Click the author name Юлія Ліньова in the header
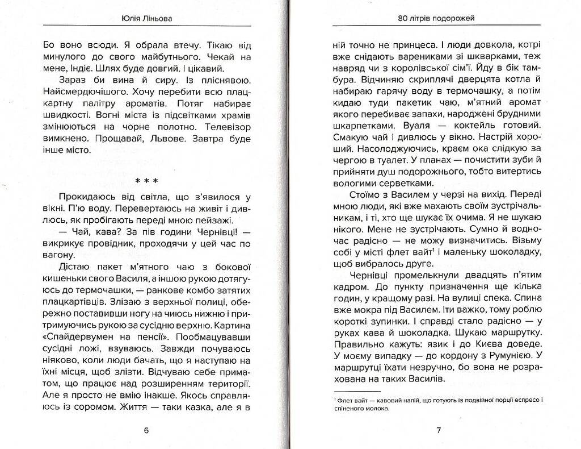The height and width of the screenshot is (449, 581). click(147, 18)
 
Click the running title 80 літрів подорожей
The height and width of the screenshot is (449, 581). click(437, 18)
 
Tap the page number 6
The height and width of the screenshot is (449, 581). click(146, 430)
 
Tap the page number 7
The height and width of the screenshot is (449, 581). click(439, 430)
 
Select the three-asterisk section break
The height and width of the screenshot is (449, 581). click(146, 181)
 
